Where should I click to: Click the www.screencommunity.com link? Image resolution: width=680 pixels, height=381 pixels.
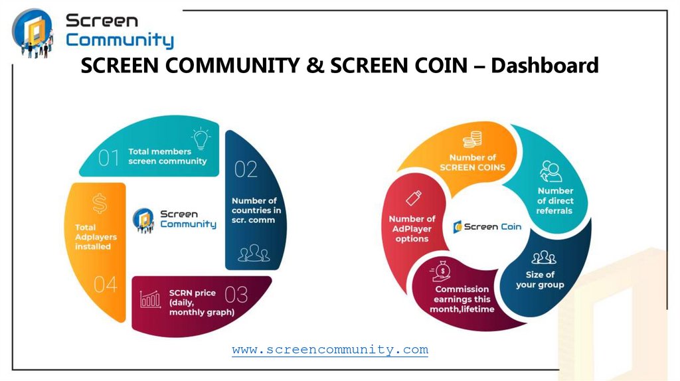[x=330, y=349]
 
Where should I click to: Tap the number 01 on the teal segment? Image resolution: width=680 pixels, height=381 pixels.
[x=109, y=158]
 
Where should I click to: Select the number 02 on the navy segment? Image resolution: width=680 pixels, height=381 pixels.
[x=246, y=170]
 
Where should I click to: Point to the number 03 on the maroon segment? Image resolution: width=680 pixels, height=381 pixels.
[x=236, y=295]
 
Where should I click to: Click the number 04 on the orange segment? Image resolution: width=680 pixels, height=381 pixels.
[x=105, y=285]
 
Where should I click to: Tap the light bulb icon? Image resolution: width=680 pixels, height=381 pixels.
[x=199, y=140]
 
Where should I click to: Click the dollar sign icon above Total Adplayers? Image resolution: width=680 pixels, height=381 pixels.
[x=99, y=202]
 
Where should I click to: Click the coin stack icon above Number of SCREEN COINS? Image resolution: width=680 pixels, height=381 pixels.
[x=472, y=139]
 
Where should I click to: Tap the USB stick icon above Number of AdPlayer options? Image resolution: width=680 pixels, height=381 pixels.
[x=413, y=198]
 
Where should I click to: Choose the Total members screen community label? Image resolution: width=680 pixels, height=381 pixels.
[x=167, y=157]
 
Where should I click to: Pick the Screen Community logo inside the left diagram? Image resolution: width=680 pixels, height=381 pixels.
[x=174, y=219]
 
